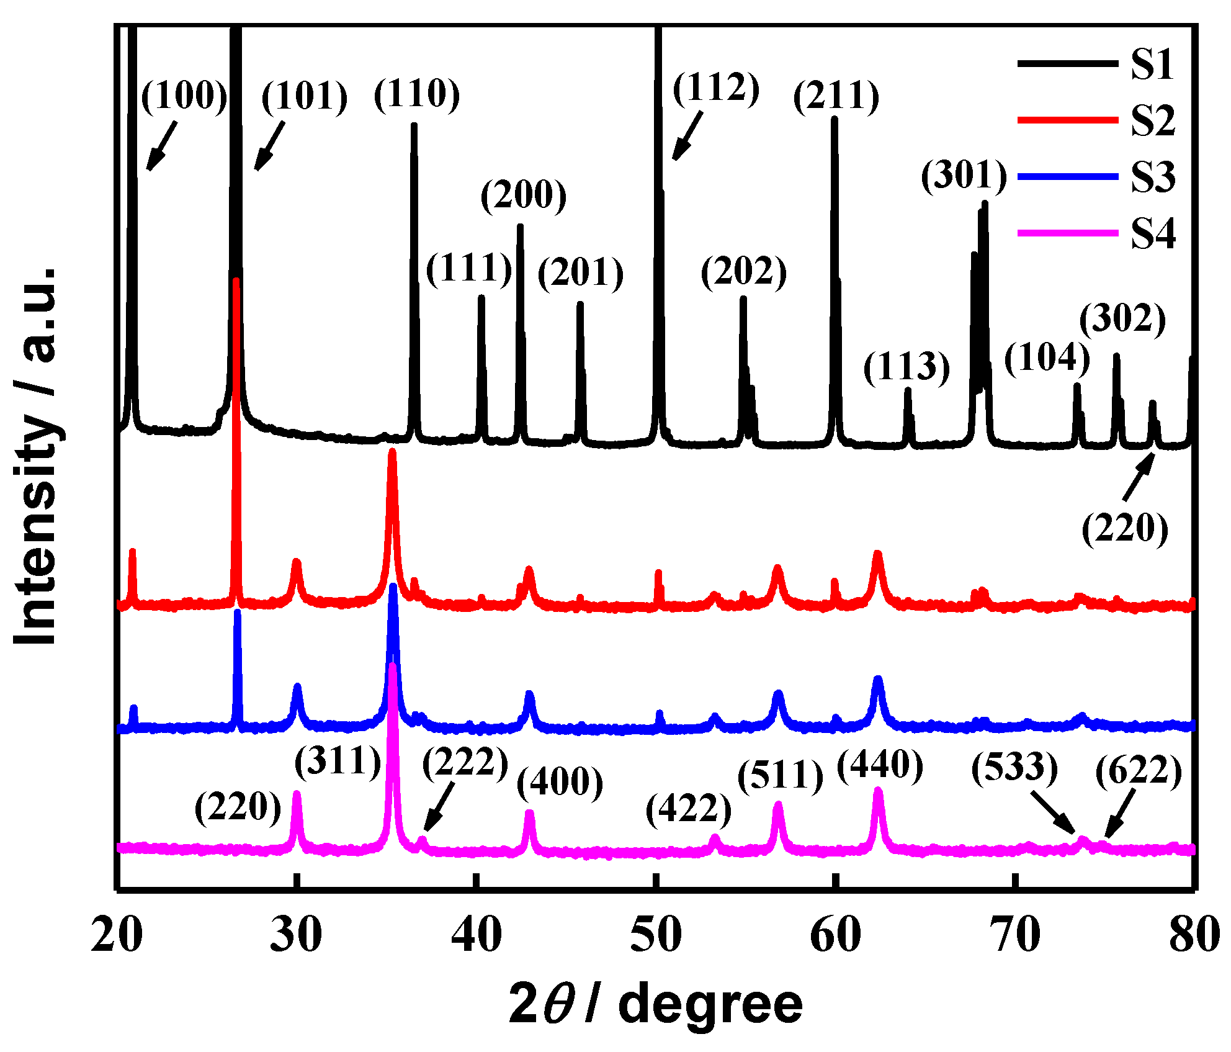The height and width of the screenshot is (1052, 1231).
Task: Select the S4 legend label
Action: point(1152,234)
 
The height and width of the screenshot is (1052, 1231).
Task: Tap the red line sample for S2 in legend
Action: point(1067,120)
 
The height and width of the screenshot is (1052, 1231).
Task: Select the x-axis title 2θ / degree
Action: point(655,1004)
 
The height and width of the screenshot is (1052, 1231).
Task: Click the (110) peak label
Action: point(417,94)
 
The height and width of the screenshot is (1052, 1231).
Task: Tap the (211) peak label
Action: point(836,97)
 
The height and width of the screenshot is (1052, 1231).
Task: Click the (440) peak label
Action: point(880,765)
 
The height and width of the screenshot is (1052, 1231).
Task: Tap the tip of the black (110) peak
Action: point(414,125)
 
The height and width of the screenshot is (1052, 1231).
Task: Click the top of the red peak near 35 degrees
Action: point(392,452)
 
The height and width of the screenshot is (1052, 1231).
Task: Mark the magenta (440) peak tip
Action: point(877,791)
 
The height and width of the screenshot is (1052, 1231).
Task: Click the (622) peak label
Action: point(1139,771)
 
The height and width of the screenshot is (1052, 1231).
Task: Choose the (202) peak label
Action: point(743,272)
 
